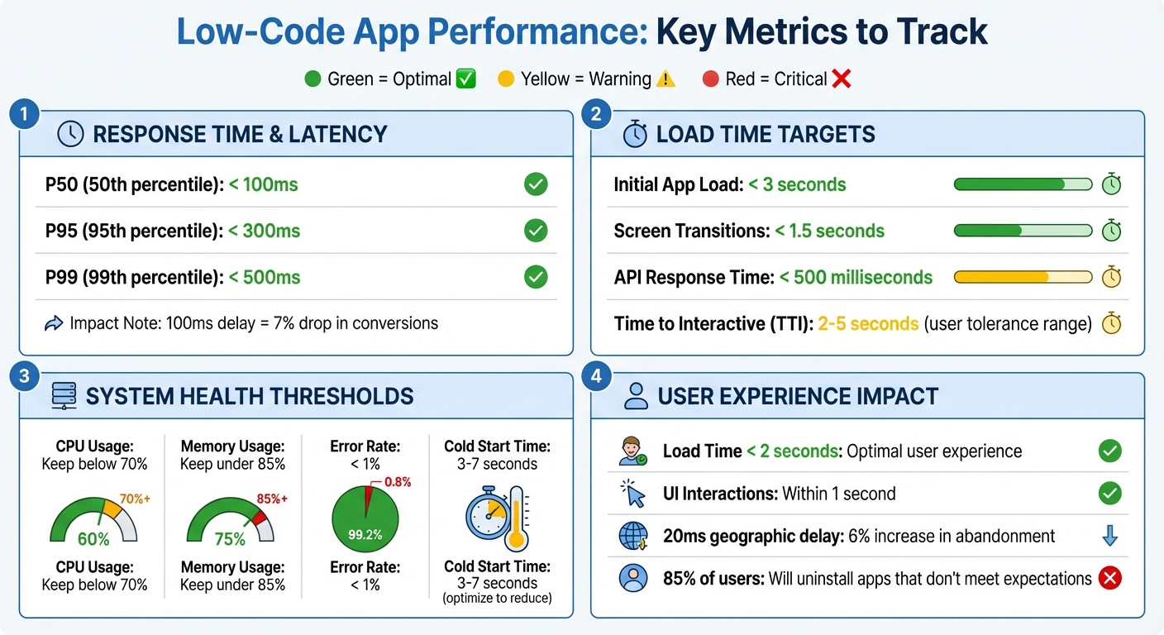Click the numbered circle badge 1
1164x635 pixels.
(25, 114)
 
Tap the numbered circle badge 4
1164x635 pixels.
(597, 376)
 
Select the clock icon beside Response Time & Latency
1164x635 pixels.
(70, 134)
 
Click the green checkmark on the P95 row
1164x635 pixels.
(536, 231)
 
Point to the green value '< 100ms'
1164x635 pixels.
(264, 184)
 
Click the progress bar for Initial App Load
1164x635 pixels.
(1023, 184)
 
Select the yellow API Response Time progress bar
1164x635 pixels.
(1023, 277)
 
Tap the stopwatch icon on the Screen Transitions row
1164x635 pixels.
(1112, 230)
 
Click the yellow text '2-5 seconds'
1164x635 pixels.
(868, 323)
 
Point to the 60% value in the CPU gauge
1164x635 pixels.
(93, 539)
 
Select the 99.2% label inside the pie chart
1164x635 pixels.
(365, 535)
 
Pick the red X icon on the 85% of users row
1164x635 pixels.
(1109, 578)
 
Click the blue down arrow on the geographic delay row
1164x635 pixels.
(1109, 536)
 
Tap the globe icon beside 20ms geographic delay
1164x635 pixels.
(634, 536)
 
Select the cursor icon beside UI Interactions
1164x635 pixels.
(634, 494)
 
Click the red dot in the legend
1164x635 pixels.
(709, 79)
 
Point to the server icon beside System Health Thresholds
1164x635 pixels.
(64, 396)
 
